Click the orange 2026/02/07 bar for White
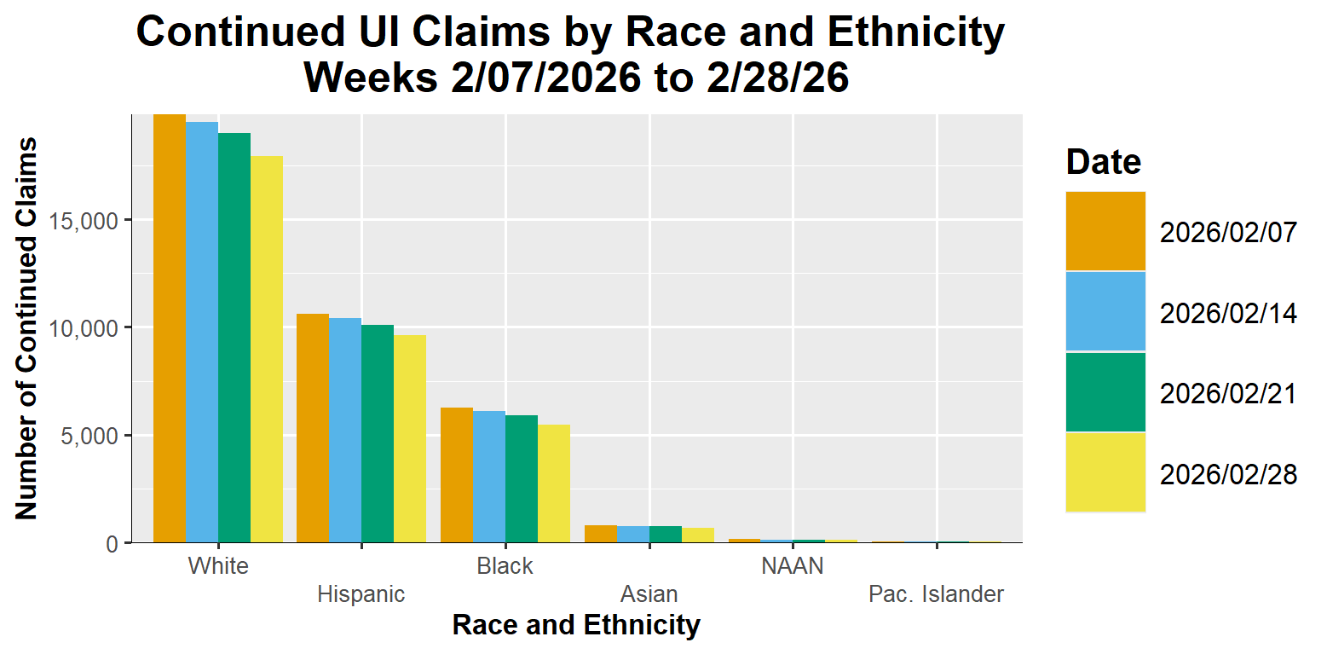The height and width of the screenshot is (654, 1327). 170,328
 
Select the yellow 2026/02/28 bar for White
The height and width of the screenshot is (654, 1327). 267,350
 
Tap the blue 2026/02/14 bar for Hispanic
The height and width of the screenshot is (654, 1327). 345,431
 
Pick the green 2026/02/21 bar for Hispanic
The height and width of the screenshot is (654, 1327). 378,434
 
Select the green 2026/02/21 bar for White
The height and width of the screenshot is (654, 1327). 234,338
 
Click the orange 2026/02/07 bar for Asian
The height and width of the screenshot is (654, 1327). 601,534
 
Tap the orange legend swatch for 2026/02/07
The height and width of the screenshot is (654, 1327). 1105,231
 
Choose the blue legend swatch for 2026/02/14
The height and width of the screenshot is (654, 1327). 1105,311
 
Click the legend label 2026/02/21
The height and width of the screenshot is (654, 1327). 1228,394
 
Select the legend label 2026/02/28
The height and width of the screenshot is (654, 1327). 1228,474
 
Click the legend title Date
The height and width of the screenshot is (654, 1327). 1104,161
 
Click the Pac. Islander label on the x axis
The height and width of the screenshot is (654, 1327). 936,594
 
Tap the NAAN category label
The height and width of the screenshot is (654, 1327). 793,566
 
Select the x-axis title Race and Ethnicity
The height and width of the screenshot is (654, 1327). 576,625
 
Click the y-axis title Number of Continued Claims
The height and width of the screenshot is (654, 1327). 26,328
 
